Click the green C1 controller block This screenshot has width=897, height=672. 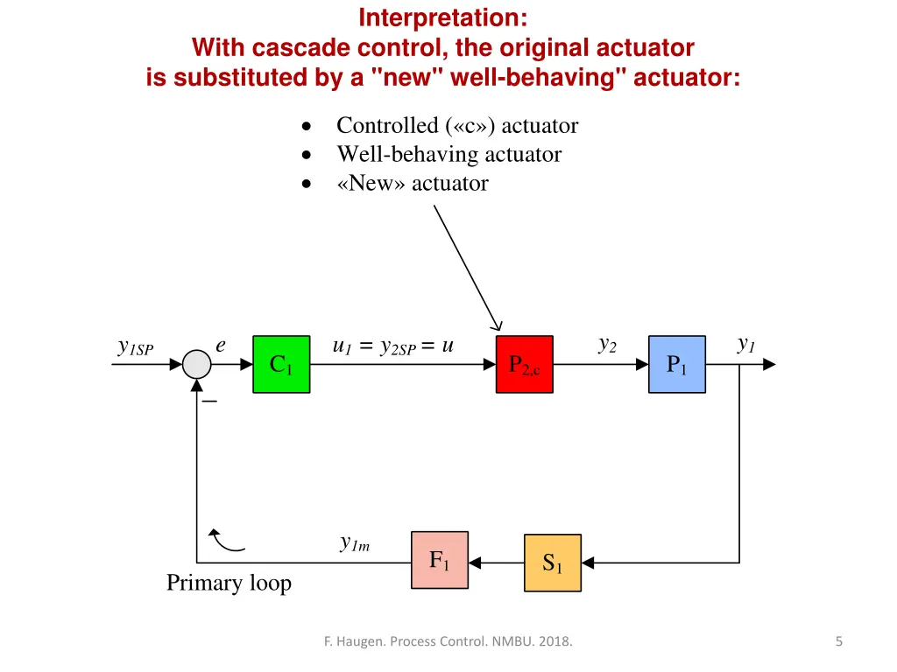281,364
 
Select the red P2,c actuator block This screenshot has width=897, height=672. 525,364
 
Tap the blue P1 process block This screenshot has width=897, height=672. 677,364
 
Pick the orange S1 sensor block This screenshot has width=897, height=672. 552,563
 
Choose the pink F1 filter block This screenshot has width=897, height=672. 440,560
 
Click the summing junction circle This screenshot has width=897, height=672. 198,365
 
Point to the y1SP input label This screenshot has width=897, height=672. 136,347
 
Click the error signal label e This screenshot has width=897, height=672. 221,346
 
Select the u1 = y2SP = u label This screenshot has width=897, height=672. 393,346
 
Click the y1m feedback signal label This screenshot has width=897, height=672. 355,543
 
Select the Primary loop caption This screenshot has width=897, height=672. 229,583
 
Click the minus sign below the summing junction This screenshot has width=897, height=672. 210,402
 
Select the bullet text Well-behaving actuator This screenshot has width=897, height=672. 448,155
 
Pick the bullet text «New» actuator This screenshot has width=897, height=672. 412,184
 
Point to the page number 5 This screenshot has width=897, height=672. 839,642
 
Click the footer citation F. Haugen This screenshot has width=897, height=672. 448,642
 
